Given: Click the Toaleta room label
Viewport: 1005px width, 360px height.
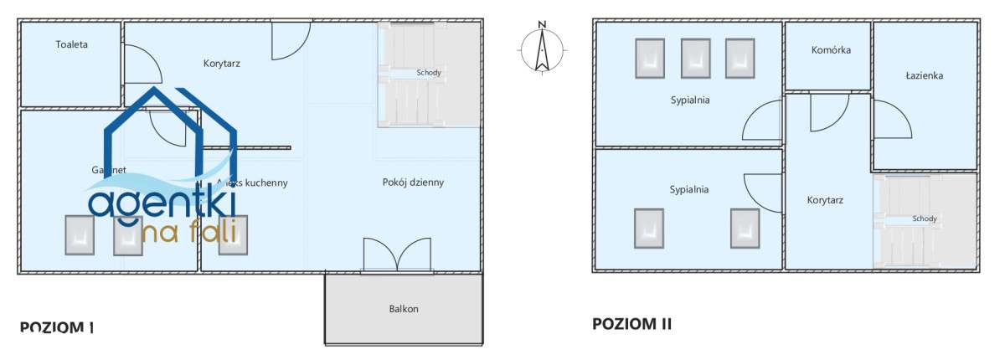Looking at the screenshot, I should tap(72, 44).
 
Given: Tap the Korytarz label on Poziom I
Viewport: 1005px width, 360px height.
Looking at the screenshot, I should tap(222, 63).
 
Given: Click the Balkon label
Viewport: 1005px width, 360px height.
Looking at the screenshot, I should tap(403, 308).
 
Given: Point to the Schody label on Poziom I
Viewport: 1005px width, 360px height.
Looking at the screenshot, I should tap(429, 73).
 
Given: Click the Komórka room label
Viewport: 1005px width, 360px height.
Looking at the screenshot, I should tap(831, 49).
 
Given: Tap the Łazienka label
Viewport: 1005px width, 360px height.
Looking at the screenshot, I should tap(925, 75).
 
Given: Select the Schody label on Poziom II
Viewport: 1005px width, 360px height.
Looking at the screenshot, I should tap(925, 219).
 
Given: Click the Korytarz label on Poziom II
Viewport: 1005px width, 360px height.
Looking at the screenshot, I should tap(825, 200).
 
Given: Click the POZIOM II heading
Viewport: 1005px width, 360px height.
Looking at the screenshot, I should tap(631, 323).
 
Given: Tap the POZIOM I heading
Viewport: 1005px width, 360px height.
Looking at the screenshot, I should tap(56, 327).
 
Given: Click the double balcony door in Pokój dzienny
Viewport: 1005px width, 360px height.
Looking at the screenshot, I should tap(399, 255).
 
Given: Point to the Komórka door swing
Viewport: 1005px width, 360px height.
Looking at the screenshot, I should tap(828, 112).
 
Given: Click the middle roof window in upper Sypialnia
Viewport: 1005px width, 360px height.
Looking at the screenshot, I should tap(695, 59).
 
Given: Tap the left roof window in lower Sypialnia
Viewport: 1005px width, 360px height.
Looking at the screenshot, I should tap(649, 228).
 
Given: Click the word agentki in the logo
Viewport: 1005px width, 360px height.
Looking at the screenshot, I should tap(162, 203).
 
